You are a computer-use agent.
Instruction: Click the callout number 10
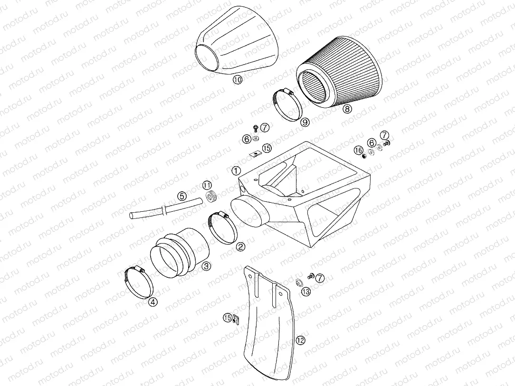(238, 80)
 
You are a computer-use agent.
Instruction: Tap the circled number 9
(305, 122)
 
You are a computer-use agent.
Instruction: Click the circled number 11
(207, 185)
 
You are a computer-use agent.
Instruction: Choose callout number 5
(181, 195)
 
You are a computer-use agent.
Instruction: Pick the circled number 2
(241, 246)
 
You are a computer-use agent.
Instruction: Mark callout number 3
(206, 266)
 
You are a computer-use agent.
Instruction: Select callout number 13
(305, 292)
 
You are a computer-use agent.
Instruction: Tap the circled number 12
(299, 340)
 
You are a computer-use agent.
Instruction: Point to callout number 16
(358, 151)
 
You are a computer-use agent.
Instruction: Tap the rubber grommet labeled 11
(210, 196)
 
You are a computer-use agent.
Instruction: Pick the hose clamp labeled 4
(138, 284)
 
